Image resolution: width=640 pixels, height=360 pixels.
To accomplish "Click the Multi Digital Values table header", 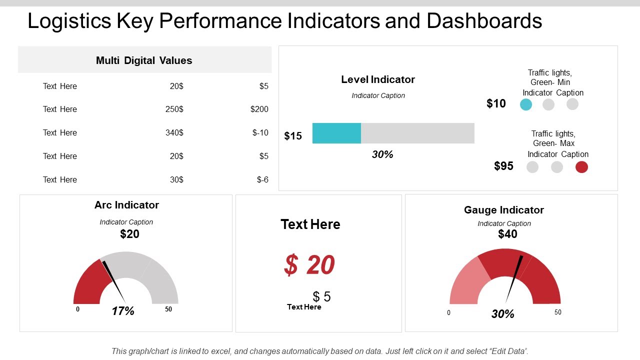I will (x=144, y=60).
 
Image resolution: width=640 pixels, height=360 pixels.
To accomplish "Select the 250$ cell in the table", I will (x=174, y=109).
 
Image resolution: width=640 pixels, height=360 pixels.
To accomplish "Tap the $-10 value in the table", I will (x=260, y=132).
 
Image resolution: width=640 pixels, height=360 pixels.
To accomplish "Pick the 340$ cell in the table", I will (x=174, y=132).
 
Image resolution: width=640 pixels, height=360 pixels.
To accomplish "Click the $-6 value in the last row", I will (x=262, y=179).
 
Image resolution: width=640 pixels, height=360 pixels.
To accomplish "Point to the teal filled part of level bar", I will (x=336, y=133).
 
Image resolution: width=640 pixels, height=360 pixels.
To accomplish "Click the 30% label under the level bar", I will (x=382, y=154).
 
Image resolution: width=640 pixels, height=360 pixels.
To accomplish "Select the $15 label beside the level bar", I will (x=293, y=136).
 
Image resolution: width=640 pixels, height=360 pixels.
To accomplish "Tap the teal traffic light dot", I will (x=526, y=104).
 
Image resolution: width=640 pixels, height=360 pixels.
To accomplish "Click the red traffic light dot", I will (x=581, y=167).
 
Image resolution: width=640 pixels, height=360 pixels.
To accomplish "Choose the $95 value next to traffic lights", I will (x=503, y=166).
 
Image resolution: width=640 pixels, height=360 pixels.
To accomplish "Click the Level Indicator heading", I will (x=378, y=79).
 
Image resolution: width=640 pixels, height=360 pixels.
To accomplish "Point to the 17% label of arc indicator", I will (x=123, y=311).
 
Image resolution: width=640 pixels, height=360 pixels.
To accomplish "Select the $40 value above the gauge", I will (x=507, y=234).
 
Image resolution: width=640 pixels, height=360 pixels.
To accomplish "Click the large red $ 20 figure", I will (x=309, y=264).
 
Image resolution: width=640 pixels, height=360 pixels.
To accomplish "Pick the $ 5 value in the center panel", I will (x=321, y=296).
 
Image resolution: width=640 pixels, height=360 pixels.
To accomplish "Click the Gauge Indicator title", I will (x=504, y=210).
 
